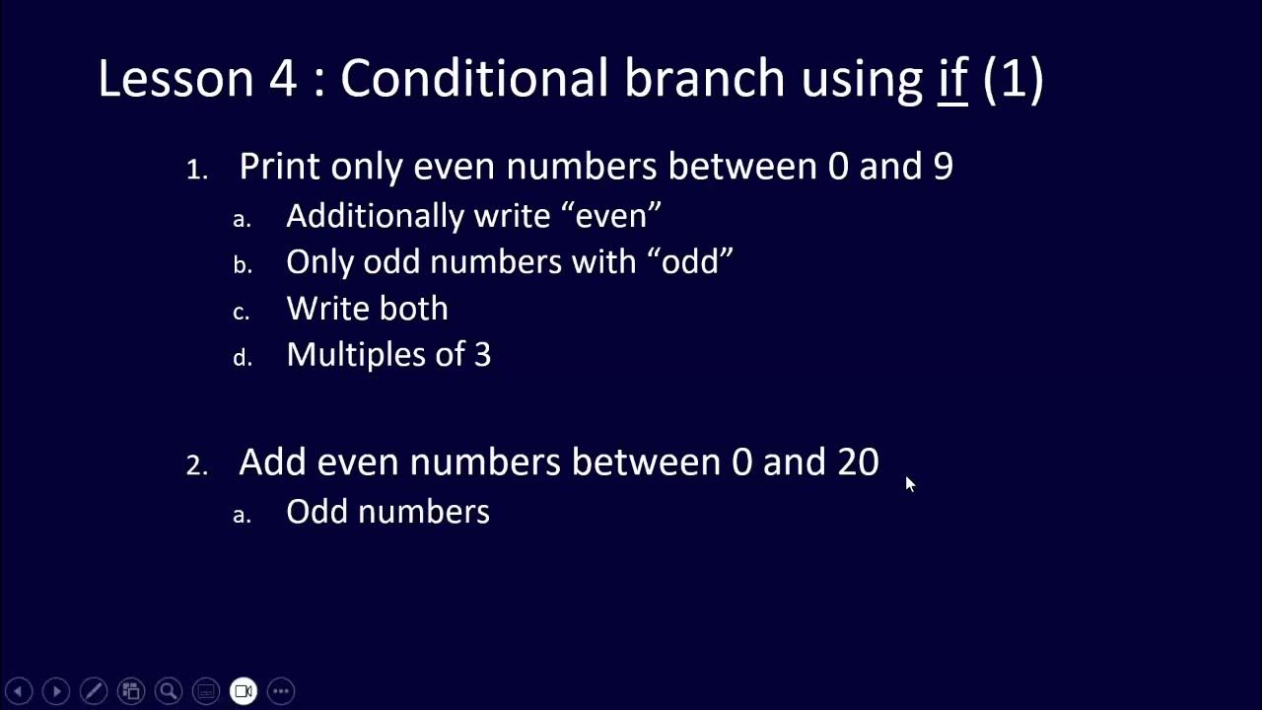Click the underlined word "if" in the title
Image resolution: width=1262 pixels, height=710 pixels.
click(952, 79)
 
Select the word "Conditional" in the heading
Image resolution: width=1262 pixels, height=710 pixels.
click(473, 79)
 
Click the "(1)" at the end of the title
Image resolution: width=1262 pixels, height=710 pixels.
click(1014, 79)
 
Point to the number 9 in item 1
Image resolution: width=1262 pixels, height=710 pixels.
click(943, 166)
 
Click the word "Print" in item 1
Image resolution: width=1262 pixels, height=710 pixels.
click(279, 166)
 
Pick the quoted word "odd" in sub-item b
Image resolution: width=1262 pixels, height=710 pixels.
click(697, 261)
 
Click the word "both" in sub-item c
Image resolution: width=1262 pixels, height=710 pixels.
click(413, 309)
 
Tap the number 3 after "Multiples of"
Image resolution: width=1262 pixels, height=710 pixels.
click(482, 355)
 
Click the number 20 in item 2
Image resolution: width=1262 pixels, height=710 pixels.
click(858, 461)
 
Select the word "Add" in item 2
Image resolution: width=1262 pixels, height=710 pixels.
click(272, 461)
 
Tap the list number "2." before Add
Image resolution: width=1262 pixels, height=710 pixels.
click(197, 465)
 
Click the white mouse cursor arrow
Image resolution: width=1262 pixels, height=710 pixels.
click(909, 483)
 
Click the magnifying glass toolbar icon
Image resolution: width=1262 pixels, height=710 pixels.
click(169, 691)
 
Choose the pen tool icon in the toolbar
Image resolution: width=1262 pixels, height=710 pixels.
click(94, 691)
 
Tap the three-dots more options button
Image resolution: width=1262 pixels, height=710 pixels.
click(281, 691)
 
